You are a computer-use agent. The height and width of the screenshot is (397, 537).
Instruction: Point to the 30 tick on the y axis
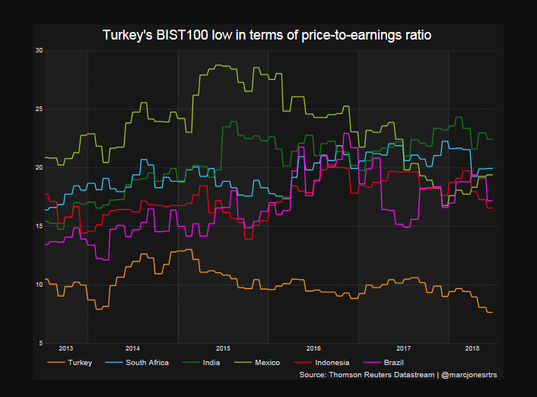[39, 50]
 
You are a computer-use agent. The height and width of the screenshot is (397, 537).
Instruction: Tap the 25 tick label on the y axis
[39, 109]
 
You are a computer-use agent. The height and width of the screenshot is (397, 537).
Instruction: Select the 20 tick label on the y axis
[39, 167]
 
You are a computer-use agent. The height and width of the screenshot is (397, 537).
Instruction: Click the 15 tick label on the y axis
[39, 226]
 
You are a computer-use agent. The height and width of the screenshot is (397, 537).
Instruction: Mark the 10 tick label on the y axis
[39, 284]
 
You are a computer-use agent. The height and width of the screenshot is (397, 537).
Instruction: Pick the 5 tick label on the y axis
[40, 343]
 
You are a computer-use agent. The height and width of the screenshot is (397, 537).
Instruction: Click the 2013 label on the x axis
[66, 348]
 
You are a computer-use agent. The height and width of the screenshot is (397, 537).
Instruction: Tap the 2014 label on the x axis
[132, 348]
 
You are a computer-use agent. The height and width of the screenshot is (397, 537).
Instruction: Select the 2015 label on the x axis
[223, 348]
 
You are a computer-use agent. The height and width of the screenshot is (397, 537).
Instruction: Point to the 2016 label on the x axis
[313, 348]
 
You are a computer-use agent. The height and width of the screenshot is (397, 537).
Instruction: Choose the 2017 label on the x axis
[404, 348]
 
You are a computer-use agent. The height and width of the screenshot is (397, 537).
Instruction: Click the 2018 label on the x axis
[472, 348]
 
